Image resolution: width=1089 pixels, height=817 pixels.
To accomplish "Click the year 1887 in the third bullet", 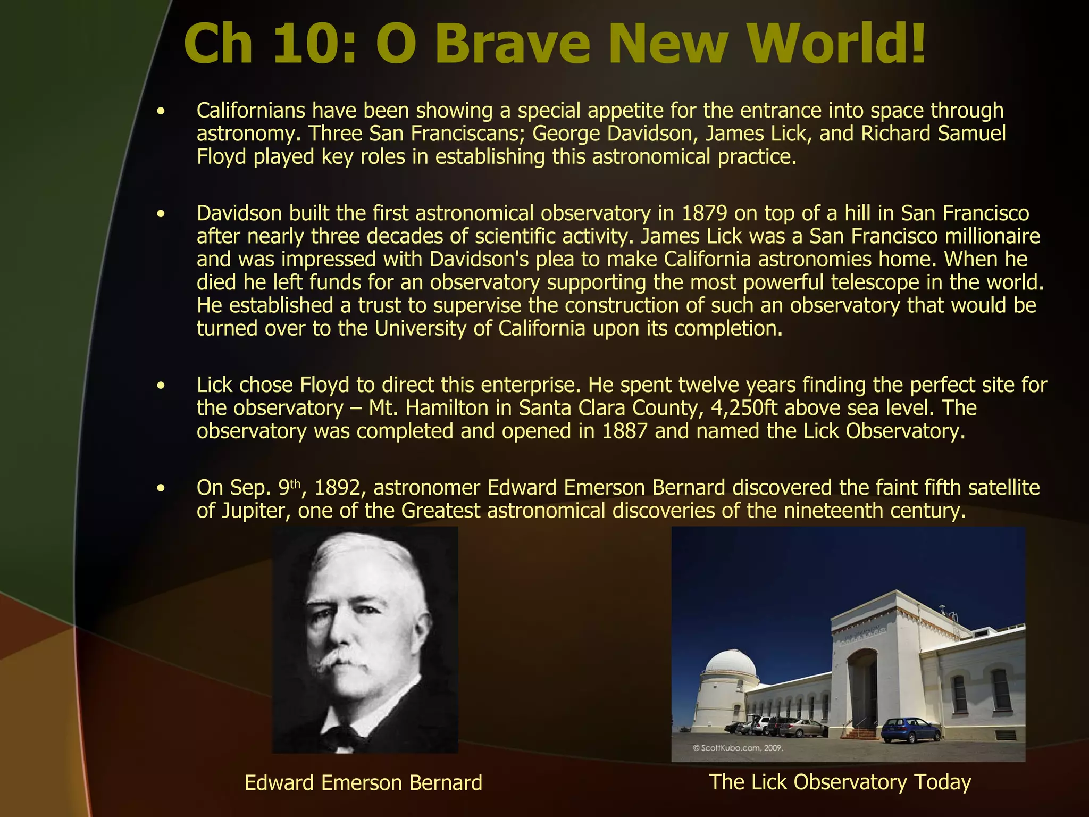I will (625, 431).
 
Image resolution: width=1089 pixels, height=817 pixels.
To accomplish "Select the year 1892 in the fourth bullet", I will (337, 488).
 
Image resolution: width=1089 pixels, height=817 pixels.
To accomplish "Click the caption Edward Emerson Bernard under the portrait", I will (363, 783).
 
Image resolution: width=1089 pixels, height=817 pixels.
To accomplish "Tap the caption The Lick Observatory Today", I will (840, 782).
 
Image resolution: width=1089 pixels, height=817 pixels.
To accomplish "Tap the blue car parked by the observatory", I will (910, 730).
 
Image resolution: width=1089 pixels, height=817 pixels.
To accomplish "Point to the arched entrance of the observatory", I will (862, 691).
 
